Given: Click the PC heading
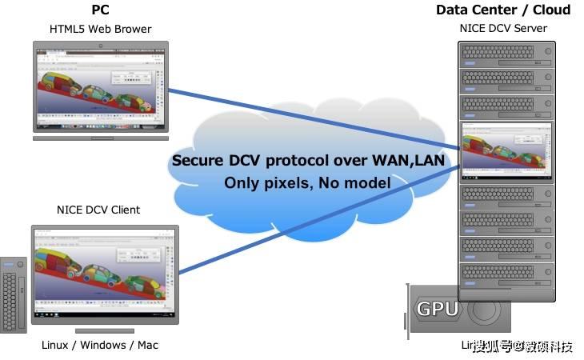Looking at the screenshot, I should coord(99,10).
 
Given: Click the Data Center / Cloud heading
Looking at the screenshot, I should coord(502,10).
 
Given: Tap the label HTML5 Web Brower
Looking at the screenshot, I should coord(100,30).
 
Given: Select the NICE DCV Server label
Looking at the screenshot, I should coord(503,29).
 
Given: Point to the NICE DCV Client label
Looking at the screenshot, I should coord(98,210).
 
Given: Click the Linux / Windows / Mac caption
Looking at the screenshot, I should coord(100,345).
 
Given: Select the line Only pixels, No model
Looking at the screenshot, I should coord(307,183).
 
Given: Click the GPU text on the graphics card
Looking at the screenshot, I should coord(438,309).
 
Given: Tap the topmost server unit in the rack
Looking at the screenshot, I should coord(507,53).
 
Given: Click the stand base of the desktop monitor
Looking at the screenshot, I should coord(104,330).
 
